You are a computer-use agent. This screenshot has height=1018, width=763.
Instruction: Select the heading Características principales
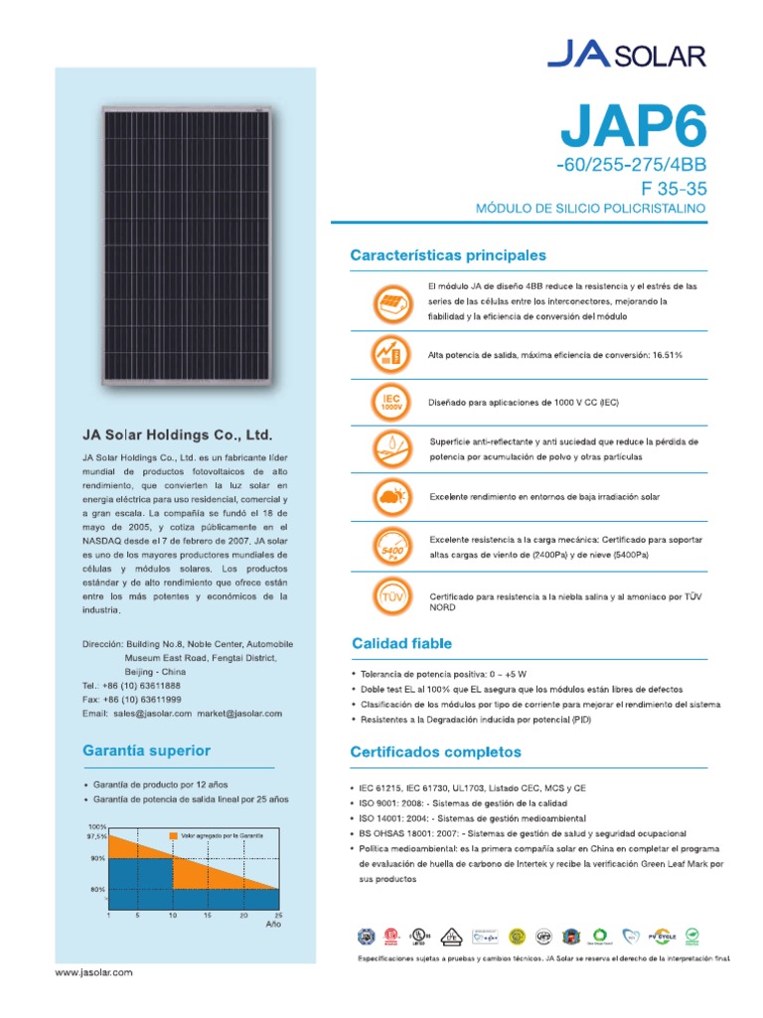click(x=448, y=255)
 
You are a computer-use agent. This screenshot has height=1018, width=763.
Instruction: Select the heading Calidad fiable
click(x=400, y=644)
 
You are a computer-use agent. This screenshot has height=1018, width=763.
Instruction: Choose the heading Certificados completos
click(x=436, y=752)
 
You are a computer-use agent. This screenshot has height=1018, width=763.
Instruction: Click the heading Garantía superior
click(x=146, y=751)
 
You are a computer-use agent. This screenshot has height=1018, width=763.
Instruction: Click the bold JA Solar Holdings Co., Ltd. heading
click(x=177, y=435)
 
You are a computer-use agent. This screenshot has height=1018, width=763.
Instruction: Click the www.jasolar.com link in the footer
click(x=93, y=972)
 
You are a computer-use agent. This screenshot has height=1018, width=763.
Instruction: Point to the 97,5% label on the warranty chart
click(x=96, y=837)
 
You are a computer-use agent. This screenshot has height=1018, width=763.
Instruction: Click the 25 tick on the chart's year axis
click(x=278, y=915)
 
